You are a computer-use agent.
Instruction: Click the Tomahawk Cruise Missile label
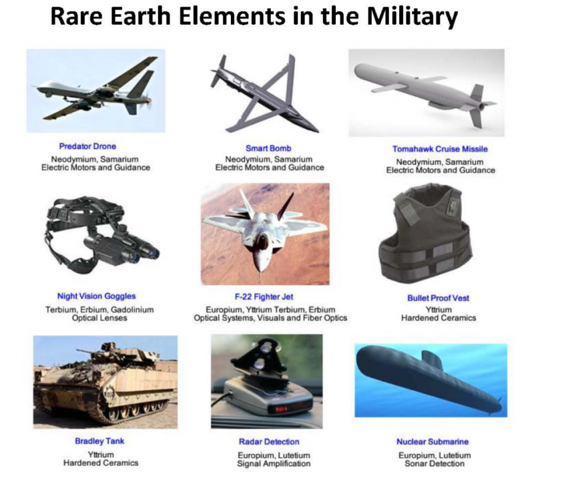point(440,149)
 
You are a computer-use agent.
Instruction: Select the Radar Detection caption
point(269,442)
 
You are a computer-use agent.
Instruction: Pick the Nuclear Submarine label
point(433,442)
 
